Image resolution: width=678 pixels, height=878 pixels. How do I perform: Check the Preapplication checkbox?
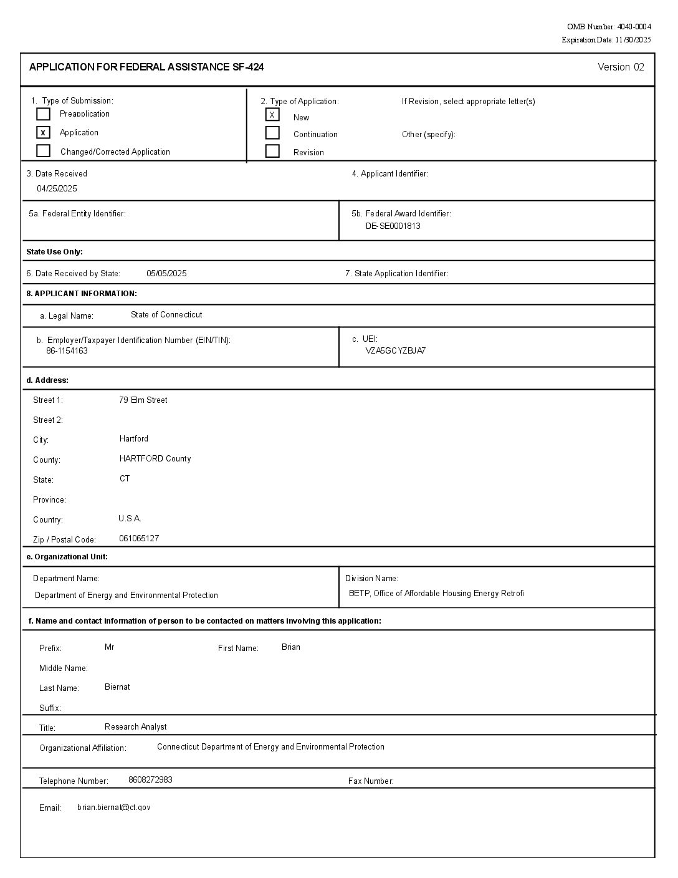[x=43, y=114]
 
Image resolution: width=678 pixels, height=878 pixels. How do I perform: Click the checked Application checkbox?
[x=43, y=132]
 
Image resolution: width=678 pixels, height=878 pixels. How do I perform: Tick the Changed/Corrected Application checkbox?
[x=43, y=151]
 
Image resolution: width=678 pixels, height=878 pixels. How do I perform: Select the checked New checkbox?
[x=272, y=115]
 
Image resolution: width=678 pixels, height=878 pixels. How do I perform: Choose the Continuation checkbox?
[x=272, y=133]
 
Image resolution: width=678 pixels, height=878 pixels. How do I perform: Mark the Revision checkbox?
[x=272, y=151]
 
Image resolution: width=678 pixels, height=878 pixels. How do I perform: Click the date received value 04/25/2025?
[x=57, y=189]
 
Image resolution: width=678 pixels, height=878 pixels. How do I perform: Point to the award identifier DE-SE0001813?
[x=393, y=226]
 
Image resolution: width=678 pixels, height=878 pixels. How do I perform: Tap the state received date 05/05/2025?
[x=166, y=274]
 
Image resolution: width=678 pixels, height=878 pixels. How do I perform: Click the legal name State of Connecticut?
[x=166, y=315]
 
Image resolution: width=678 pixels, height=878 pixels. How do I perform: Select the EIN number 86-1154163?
[x=67, y=351]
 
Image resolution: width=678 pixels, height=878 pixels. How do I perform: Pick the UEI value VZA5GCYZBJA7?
[x=395, y=351]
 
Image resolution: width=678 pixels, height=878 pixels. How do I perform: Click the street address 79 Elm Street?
[x=143, y=400]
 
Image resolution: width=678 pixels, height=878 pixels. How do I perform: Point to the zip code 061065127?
[x=138, y=539]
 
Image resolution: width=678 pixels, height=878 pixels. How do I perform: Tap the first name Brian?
[x=290, y=647]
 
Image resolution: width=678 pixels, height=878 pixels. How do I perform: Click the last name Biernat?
[x=117, y=687]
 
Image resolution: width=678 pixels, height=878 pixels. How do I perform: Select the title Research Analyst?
[x=135, y=727]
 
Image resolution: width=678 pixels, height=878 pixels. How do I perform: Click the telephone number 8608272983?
[x=150, y=780]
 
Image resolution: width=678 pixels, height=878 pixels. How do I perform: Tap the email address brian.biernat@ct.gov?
[x=113, y=808]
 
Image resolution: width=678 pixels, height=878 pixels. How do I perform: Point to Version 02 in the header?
[x=620, y=67]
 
